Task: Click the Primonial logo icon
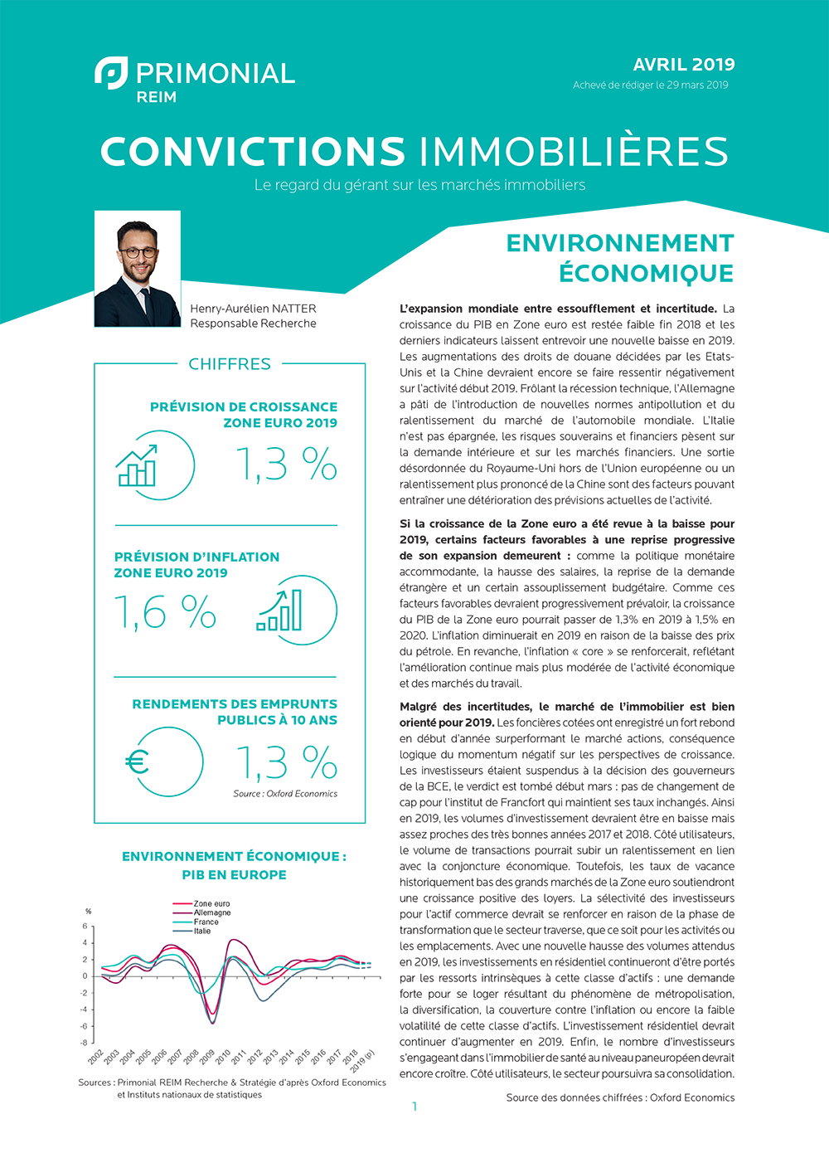(x=111, y=73)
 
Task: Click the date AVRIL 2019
(x=683, y=65)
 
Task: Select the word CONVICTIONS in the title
(x=253, y=152)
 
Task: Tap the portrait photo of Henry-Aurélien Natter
(x=138, y=269)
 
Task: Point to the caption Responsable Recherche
(x=253, y=324)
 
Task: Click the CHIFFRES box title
(x=230, y=364)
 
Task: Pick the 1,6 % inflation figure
(x=165, y=613)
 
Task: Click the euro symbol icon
(x=137, y=761)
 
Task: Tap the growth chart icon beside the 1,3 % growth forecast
(x=137, y=465)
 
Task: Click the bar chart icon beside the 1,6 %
(x=280, y=611)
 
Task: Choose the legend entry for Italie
(x=202, y=931)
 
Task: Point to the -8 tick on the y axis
(x=84, y=1043)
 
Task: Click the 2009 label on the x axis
(x=207, y=1057)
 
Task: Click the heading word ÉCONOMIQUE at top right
(x=646, y=273)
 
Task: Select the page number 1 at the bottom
(x=414, y=1106)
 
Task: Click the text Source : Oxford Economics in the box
(x=285, y=794)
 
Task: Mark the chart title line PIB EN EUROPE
(x=234, y=874)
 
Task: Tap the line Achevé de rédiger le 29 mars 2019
(x=650, y=85)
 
